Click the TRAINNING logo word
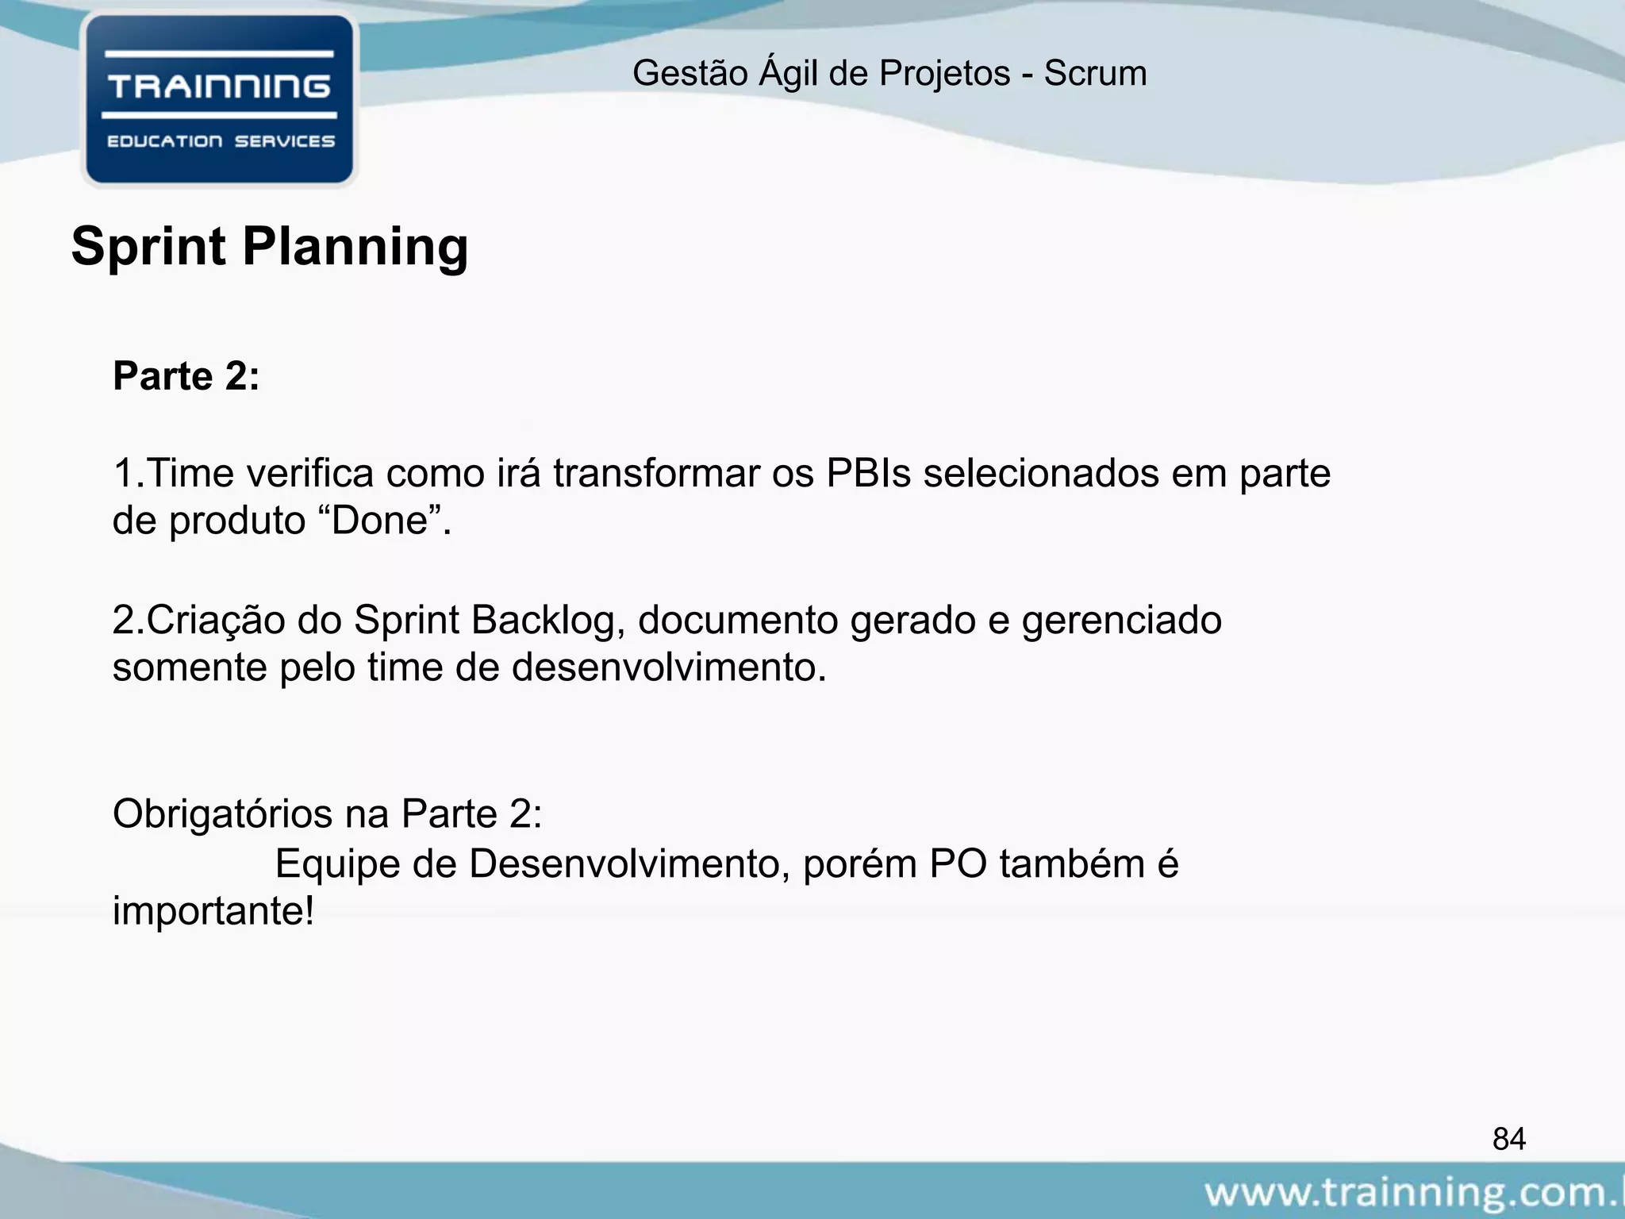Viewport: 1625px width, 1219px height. click(x=219, y=86)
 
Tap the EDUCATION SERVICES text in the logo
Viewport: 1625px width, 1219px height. click(x=221, y=141)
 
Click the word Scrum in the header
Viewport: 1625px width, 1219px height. click(x=1095, y=74)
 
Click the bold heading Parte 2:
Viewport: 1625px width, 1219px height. click(x=186, y=376)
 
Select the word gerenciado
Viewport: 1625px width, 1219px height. click(x=1121, y=621)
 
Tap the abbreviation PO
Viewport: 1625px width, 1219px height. click(x=958, y=863)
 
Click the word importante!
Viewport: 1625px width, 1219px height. click(x=213, y=911)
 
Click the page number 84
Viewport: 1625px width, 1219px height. click(x=1508, y=1139)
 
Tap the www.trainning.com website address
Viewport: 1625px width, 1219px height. click(x=1412, y=1193)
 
